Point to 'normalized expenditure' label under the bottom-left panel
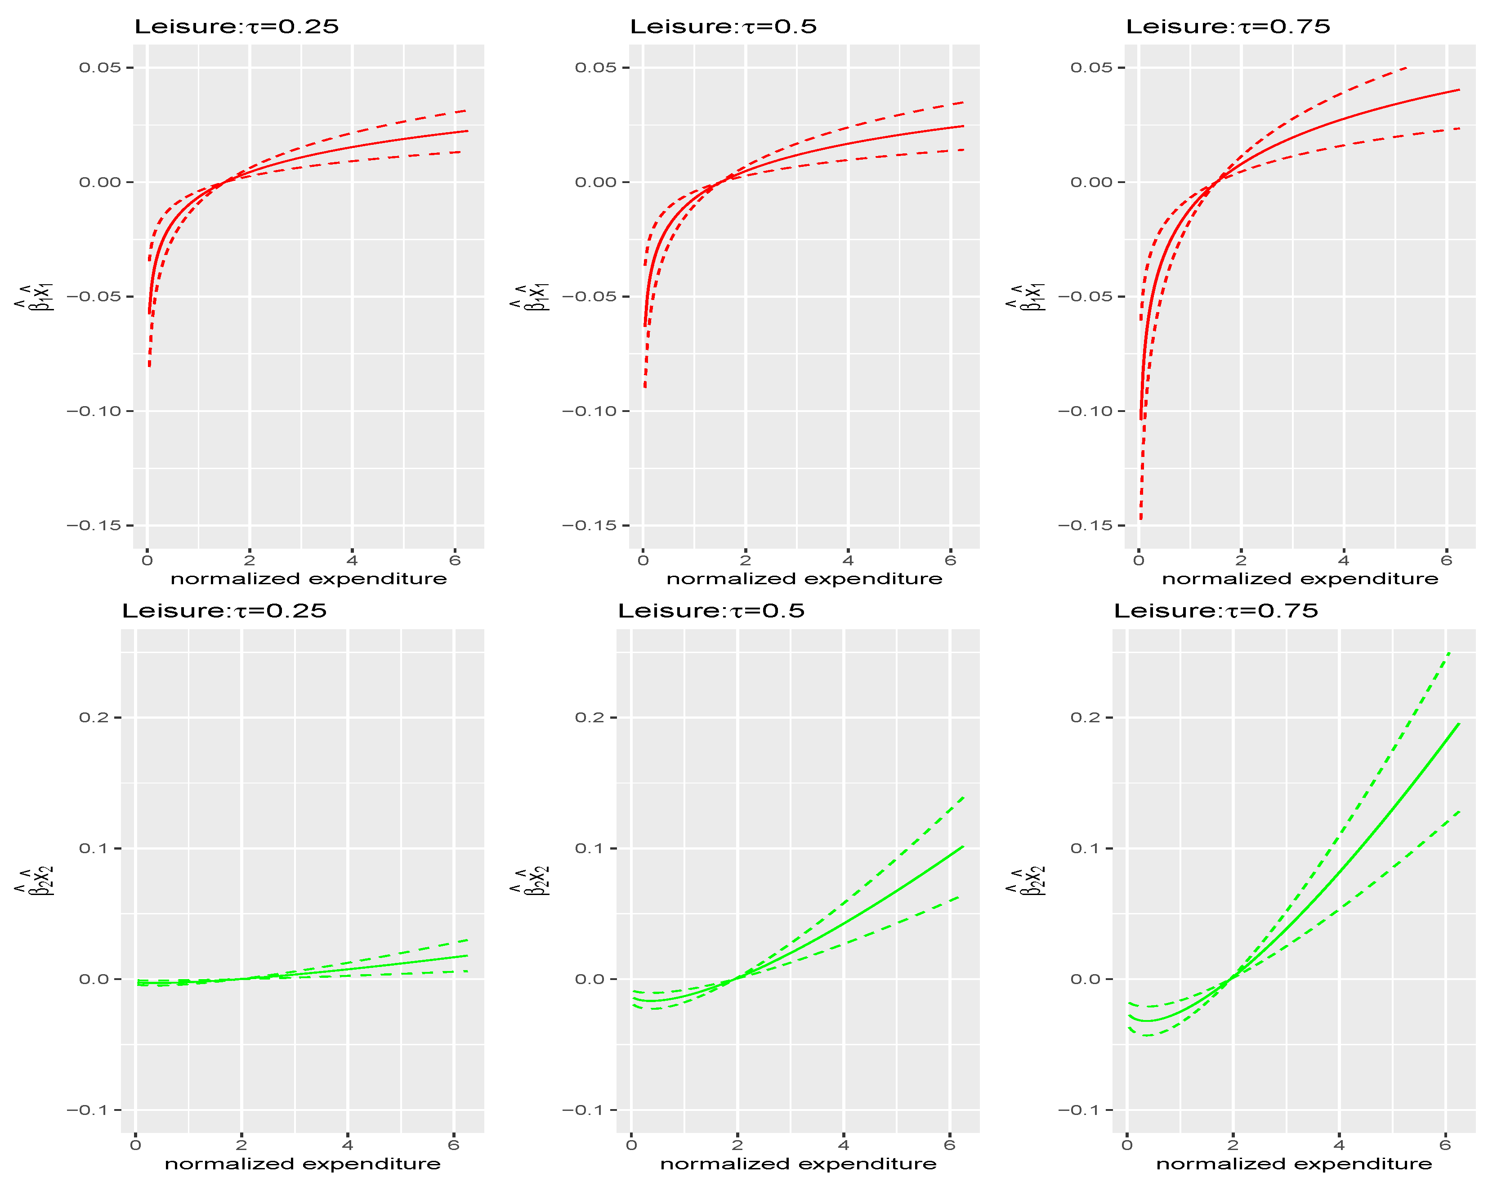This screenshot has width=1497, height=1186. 303,1164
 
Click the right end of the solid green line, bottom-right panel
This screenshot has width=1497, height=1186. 1460,724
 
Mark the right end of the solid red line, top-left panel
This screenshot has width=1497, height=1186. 467,130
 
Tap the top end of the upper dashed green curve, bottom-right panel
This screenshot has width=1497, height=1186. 1449,653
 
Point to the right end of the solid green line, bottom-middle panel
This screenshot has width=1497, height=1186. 963,846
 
